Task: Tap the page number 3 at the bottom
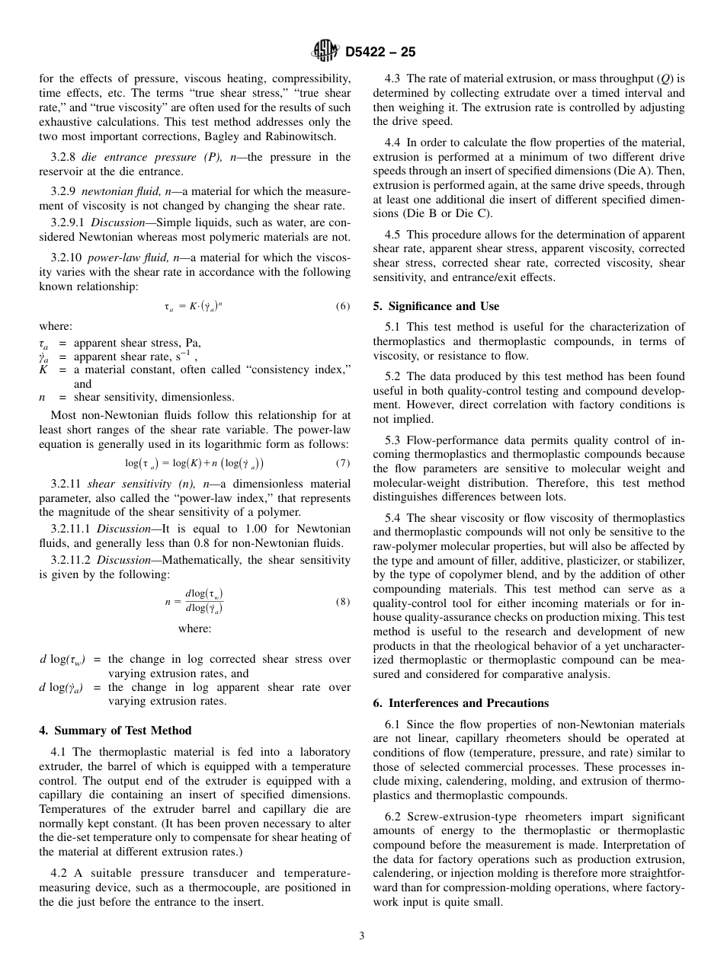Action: coord(361,936)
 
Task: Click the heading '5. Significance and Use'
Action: coord(436,306)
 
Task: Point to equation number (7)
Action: coord(342,463)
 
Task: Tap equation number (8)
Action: coord(342,601)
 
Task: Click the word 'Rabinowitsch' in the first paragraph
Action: coord(317,136)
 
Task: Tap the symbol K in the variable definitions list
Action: coord(43,370)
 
